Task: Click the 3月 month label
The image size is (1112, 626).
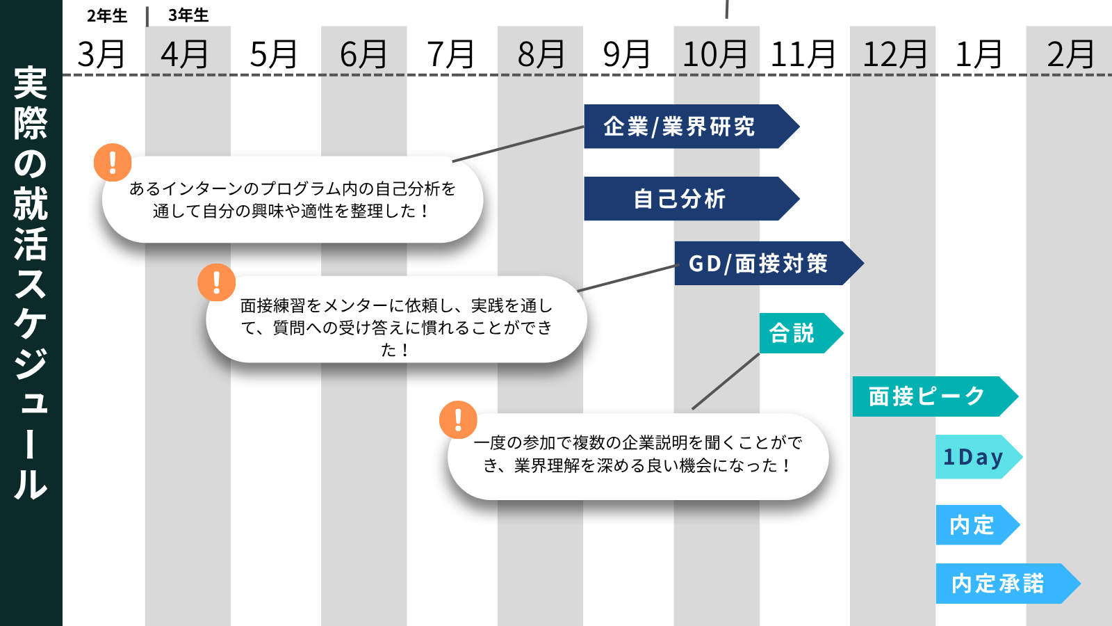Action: (x=101, y=54)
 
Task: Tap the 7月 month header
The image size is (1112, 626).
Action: (x=450, y=54)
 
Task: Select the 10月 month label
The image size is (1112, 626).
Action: (x=715, y=54)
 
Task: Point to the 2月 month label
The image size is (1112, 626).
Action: (x=1070, y=54)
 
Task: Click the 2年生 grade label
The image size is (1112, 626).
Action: (x=107, y=15)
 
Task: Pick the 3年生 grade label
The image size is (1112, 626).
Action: (x=188, y=15)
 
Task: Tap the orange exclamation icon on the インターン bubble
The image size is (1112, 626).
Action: (x=113, y=163)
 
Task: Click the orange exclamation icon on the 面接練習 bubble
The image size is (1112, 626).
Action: (x=216, y=282)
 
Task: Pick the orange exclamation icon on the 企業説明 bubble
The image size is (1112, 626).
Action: (x=458, y=420)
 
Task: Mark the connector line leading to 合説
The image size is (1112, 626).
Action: (x=726, y=381)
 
